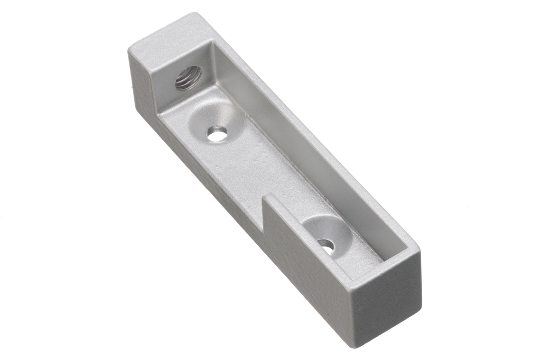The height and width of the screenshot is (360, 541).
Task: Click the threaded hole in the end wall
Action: pyautogui.click(x=188, y=78)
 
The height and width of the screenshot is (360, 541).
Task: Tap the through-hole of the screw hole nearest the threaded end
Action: pyautogui.click(x=217, y=133)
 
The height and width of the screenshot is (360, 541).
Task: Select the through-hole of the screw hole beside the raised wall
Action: pyautogui.click(x=326, y=245)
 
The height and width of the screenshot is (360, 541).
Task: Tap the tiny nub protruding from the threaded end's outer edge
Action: pyautogui.click(x=132, y=83)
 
